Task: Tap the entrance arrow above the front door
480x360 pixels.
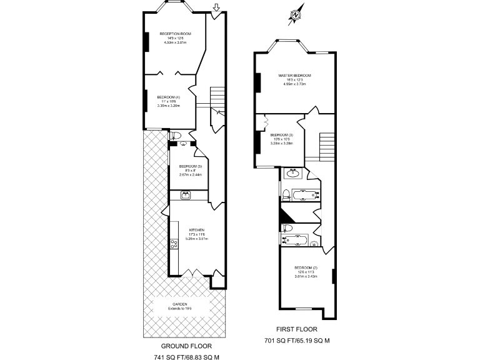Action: point(216,8)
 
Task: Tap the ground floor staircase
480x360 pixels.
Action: point(216,97)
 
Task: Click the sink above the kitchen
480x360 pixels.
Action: point(186,196)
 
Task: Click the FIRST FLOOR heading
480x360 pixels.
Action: point(297,329)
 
